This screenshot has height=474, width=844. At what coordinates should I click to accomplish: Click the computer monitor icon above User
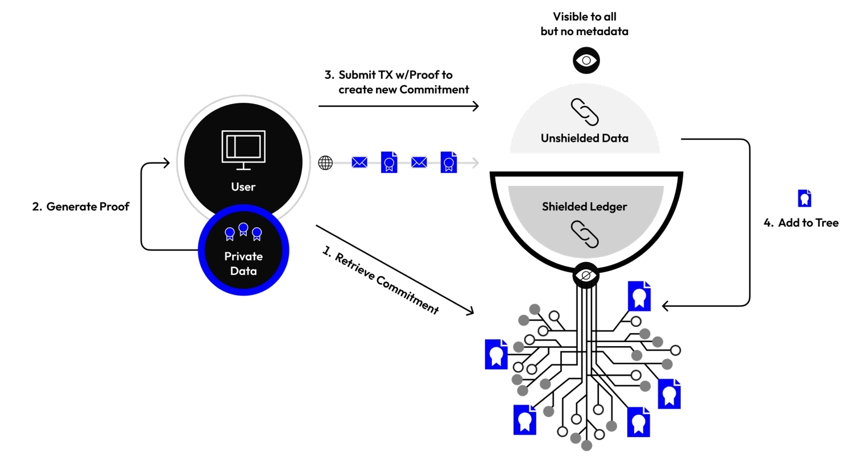[x=243, y=150]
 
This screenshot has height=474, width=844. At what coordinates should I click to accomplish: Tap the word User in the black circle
[x=243, y=187]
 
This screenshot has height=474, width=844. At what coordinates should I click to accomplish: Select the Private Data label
[x=243, y=264]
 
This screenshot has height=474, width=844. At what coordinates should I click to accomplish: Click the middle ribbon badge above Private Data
[x=243, y=229]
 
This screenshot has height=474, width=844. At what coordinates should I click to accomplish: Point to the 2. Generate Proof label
[x=81, y=206]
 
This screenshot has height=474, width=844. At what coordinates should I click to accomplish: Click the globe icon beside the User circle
[x=325, y=163]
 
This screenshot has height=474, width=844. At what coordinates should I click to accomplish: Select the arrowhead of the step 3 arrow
[x=476, y=106]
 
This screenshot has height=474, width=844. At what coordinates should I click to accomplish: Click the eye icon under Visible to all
[x=586, y=60]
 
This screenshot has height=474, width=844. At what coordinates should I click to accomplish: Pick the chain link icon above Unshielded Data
[x=585, y=112]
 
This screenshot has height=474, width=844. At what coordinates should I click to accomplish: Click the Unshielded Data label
[x=585, y=138]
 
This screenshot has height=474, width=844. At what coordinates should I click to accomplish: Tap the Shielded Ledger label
[x=585, y=207]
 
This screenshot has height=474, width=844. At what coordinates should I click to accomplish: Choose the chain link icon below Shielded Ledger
[x=585, y=234]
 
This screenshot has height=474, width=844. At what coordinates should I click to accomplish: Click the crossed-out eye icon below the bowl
[x=586, y=276]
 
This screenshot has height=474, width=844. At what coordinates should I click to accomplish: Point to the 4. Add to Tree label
[x=801, y=223]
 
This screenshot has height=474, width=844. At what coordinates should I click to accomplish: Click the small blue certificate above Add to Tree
[x=804, y=198]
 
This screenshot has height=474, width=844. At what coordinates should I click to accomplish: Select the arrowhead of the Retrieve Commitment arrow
[x=470, y=311]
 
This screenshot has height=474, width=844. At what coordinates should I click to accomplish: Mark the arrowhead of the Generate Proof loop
[x=167, y=163]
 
